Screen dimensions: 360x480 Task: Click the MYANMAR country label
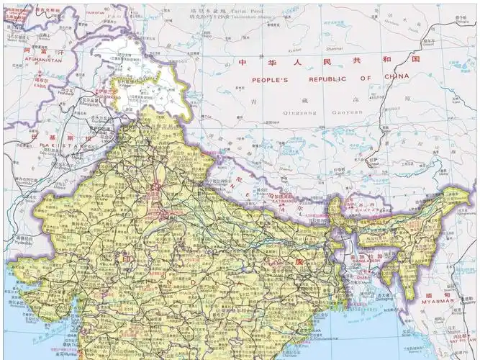pos(454,304)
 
